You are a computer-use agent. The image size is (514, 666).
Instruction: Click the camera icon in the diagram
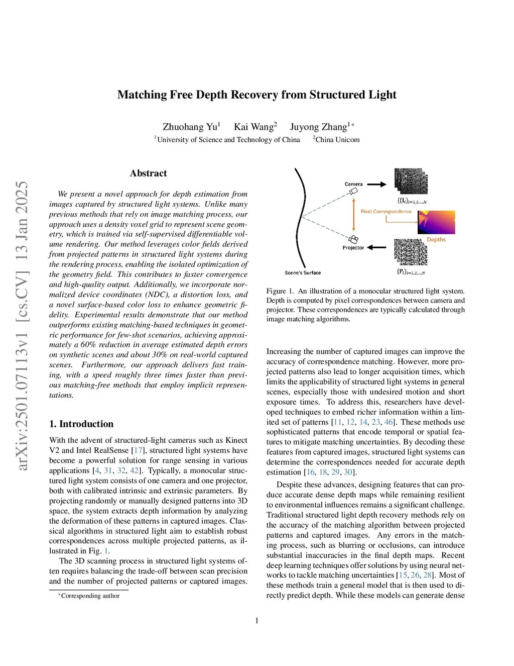[x=354, y=192]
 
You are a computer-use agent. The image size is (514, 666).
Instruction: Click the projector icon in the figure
[x=353, y=239]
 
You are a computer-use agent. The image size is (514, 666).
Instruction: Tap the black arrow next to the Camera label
[x=376, y=184]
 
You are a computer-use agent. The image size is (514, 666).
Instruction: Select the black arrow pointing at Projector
[x=376, y=247]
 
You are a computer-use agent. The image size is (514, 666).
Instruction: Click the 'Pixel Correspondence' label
[x=386, y=212]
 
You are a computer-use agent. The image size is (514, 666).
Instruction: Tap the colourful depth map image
[x=436, y=222]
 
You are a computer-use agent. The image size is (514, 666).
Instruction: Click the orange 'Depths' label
[x=436, y=240]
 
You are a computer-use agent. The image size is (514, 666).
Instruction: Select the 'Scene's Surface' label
[x=303, y=273]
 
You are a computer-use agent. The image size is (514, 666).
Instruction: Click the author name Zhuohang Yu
[x=190, y=127]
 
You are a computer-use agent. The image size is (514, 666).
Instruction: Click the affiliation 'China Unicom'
[x=337, y=140]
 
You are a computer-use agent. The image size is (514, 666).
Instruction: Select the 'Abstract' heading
[x=148, y=173]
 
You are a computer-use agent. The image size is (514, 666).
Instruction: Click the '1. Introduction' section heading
[x=81, y=424]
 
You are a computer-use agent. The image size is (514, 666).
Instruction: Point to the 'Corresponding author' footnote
[x=90, y=596]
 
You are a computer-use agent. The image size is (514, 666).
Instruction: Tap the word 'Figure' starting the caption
[x=276, y=291]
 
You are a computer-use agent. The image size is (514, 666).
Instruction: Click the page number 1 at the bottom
[x=257, y=621]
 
